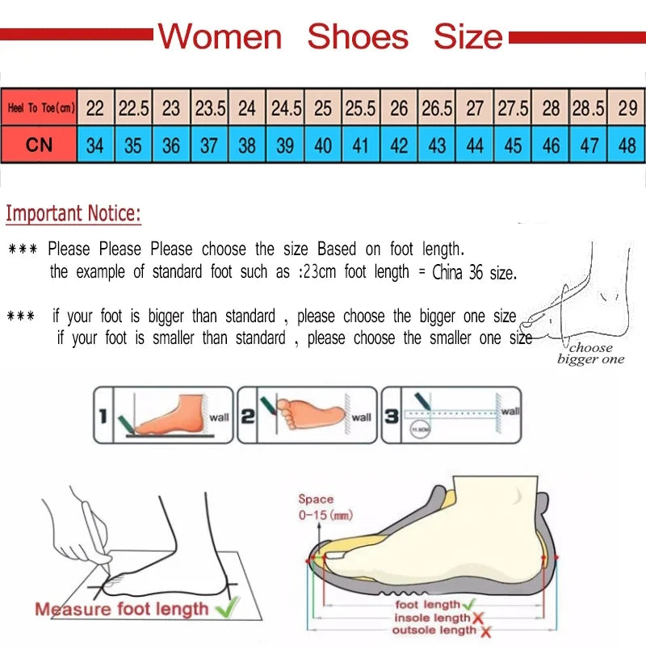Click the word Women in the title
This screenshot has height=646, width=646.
coord(220,37)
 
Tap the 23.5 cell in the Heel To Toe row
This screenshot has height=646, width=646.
coord(210,107)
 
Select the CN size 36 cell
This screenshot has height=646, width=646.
coord(171,145)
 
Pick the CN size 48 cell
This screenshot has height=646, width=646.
coord(627,145)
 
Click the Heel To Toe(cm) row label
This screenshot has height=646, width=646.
coord(40,107)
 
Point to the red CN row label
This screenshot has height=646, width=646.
coord(39,145)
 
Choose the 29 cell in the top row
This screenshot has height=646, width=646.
coord(627,107)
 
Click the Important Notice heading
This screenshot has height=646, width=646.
coord(73,214)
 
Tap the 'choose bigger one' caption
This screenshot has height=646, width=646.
coord(590,354)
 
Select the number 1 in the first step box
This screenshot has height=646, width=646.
coord(103,417)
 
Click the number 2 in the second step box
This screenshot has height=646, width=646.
coord(248,417)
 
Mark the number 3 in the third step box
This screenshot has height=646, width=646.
coord(391,417)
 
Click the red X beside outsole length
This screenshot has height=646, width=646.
coord(485,631)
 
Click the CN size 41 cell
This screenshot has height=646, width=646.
coord(361,145)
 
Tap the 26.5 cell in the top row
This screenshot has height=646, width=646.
coord(437,107)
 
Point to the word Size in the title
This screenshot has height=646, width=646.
coord(468,37)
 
